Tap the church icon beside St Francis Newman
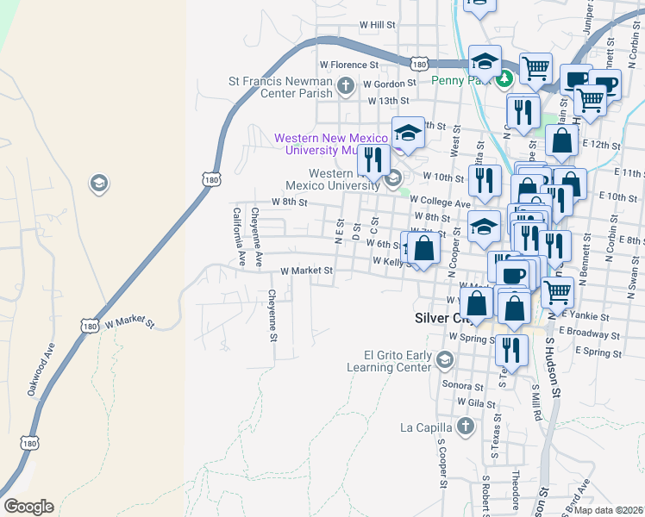[x=345, y=85]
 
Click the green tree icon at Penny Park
[x=504, y=78]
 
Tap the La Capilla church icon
[x=465, y=427]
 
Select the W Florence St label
[x=349, y=65]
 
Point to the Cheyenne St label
[x=272, y=315]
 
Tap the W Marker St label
[x=128, y=325]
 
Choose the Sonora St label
[x=458, y=386]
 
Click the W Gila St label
[x=473, y=402]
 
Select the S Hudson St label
[x=552, y=366]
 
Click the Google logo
[x=28, y=507]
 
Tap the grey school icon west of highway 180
[x=98, y=183]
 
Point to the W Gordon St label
[x=389, y=84]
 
